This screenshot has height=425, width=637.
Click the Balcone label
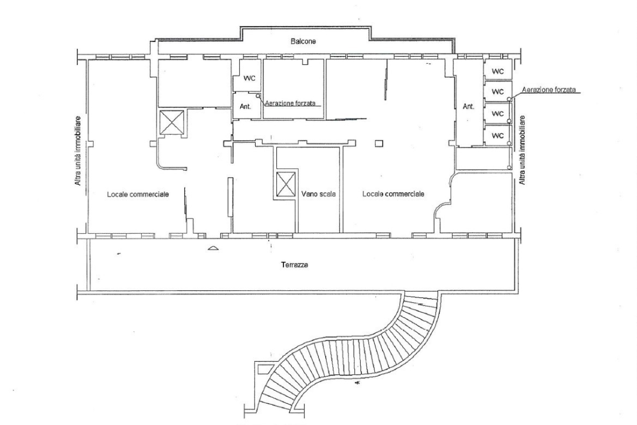(303, 41)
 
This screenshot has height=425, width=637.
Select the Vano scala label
(318, 194)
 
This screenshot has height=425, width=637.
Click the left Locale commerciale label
(138, 194)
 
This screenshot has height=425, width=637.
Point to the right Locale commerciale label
(393, 194)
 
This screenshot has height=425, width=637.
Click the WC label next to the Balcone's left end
(249, 79)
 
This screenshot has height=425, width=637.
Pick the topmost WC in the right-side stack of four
(498, 71)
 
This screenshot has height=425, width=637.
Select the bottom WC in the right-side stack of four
(498, 135)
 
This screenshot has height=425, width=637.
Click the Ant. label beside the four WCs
(469, 107)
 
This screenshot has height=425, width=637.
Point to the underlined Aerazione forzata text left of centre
(293, 103)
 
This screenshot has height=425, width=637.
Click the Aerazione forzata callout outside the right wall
(548, 90)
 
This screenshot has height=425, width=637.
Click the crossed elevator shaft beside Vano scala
(285, 184)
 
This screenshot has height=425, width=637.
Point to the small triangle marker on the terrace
(213, 248)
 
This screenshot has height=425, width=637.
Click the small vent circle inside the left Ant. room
(258, 96)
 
